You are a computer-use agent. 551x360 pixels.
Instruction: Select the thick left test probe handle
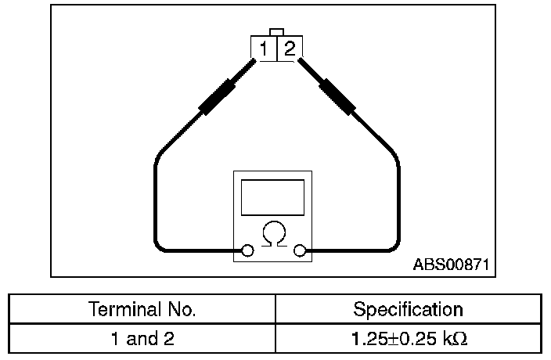pyautogui.click(x=218, y=96)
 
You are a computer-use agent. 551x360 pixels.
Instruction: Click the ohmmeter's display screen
pyautogui.click(x=272, y=197)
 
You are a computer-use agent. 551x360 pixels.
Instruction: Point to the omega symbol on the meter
pyautogui.click(x=273, y=234)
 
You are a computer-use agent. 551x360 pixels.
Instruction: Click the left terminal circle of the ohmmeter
pyautogui.click(x=247, y=250)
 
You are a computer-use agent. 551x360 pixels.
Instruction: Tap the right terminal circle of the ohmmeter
pyautogui.click(x=299, y=250)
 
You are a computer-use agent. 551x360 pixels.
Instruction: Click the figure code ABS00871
pyautogui.click(x=451, y=265)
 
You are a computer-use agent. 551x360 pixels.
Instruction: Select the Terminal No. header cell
pyautogui.click(x=142, y=309)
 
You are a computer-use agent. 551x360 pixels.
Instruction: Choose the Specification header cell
pyautogui.click(x=408, y=309)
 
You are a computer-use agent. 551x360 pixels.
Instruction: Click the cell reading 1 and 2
pyautogui.click(x=142, y=340)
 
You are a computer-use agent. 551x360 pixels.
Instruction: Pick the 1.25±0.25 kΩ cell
pyautogui.click(x=408, y=340)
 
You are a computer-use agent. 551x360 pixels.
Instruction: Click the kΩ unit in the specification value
pyautogui.click(x=457, y=340)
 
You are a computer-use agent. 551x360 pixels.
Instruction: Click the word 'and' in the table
pyautogui.click(x=142, y=340)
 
